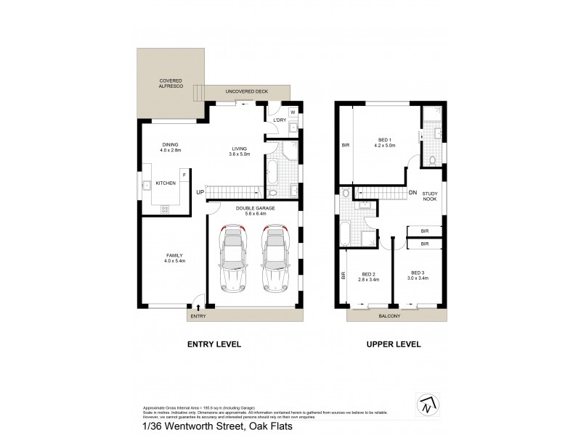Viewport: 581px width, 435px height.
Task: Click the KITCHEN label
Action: (x=166, y=183)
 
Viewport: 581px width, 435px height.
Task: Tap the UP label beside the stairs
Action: (x=199, y=192)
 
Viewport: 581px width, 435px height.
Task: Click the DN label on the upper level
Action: (x=413, y=192)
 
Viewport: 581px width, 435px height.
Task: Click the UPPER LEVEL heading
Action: (x=394, y=344)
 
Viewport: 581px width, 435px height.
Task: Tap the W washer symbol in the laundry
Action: (x=292, y=112)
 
